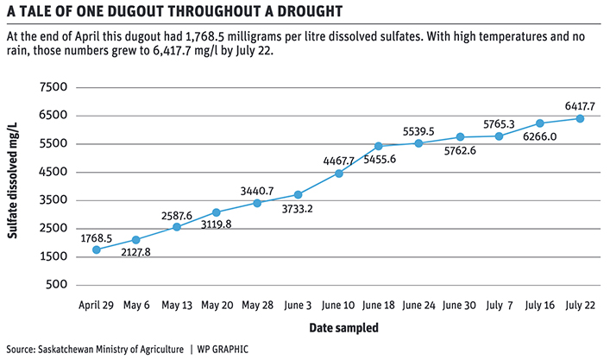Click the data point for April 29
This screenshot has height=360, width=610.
[x=96, y=249]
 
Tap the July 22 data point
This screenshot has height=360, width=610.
[x=580, y=118]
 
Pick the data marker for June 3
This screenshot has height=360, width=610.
[x=298, y=195]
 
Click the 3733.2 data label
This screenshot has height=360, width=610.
[x=298, y=210]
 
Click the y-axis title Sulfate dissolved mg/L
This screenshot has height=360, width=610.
[x=18, y=186]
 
